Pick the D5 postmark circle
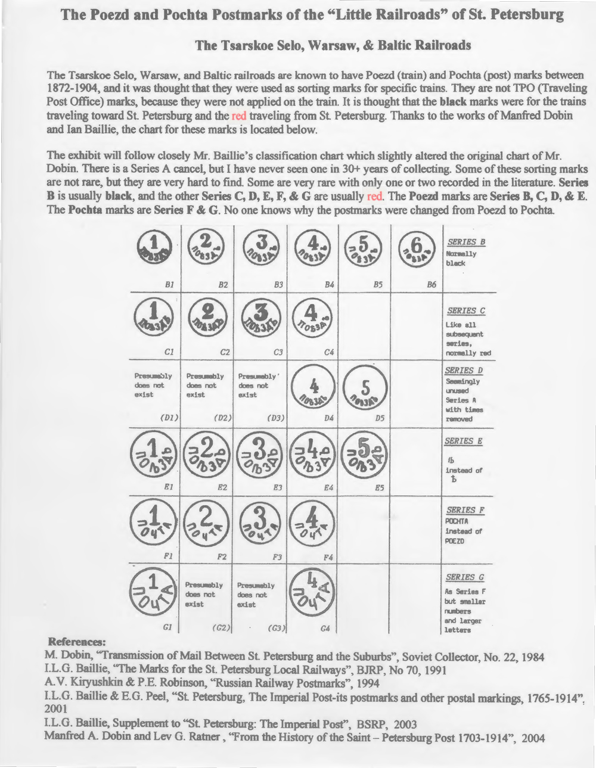(x=366, y=388)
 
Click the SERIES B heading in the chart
(x=465, y=242)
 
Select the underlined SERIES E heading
(x=464, y=441)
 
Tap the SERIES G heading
(x=465, y=577)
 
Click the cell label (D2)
(x=221, y=418)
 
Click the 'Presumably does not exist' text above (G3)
(x=256, y=595)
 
